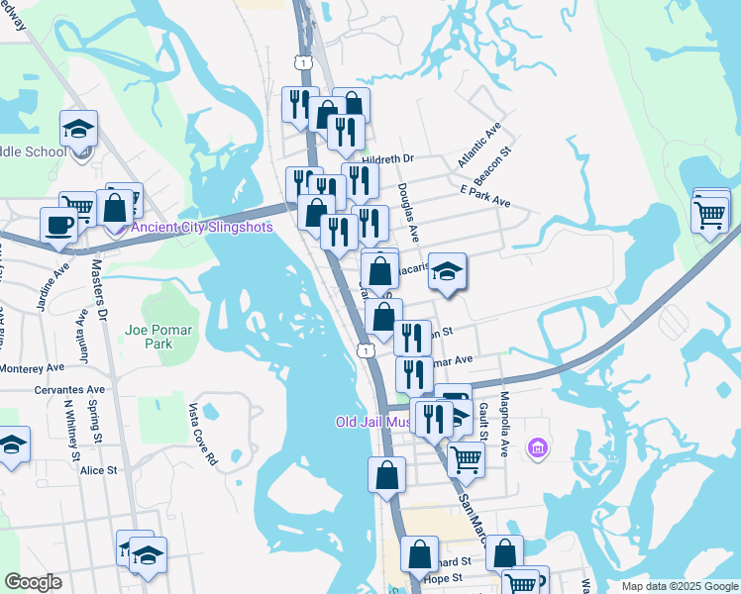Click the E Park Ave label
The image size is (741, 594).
click(x=484, y=194)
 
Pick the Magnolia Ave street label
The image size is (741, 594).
click(x=504, y=421)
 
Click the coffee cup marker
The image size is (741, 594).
click(x=58, y=224)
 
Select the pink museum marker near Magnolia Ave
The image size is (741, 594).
click(x=538, y=450)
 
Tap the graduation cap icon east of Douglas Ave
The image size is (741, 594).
click(x=447, y=272)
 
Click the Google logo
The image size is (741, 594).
click(x=33, y=583)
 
